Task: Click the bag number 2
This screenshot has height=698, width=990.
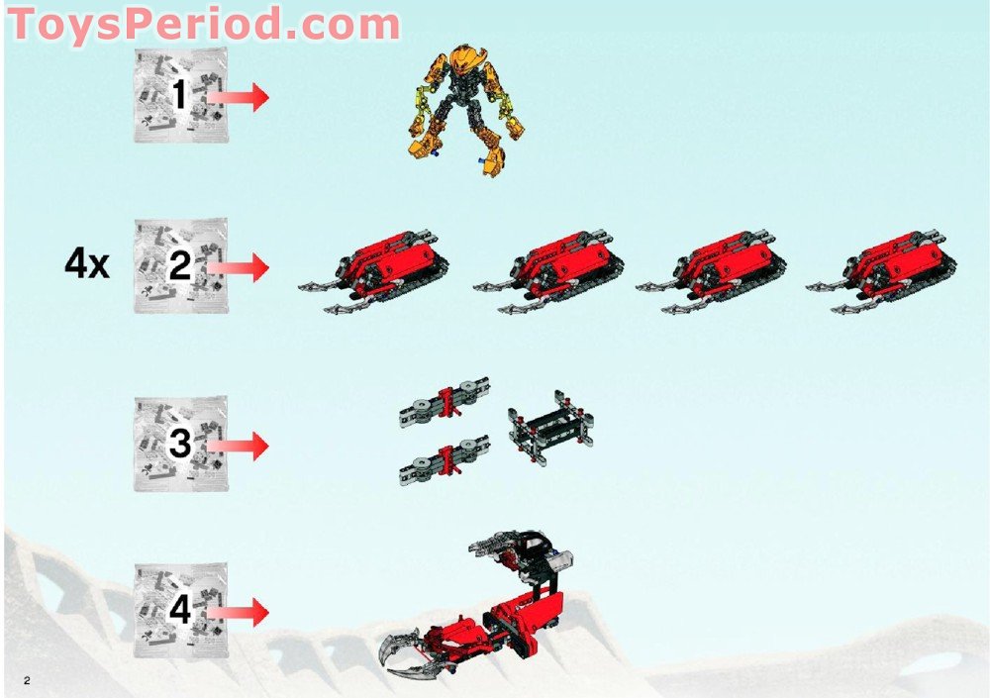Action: click(179, 266)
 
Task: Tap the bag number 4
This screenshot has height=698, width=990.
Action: click(179, 610)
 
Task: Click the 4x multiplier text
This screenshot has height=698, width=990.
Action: click(88, 266)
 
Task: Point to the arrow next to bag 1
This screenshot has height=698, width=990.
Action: click(239, 96)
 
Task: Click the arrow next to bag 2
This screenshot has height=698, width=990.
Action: click(239, 266)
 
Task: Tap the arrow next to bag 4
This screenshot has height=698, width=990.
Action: click(239, 611)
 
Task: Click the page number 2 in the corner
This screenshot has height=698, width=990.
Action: click(28, 679)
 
